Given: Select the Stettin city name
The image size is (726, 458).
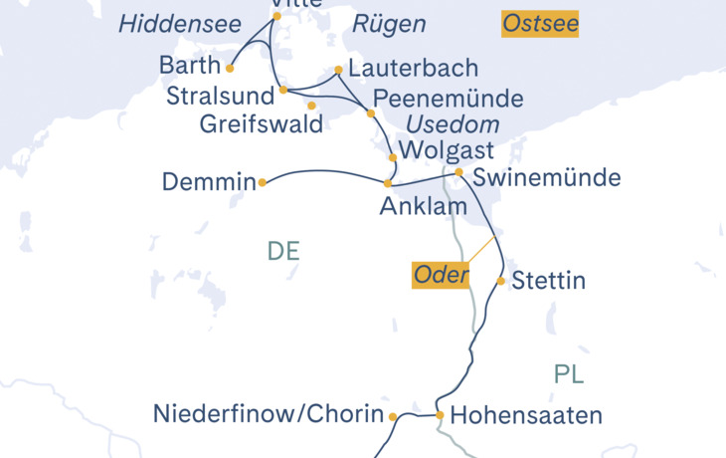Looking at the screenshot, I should pyautogui.click(x=549, y=282).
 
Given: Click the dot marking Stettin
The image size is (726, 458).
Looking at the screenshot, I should pyautogui.click(x=501, y=281).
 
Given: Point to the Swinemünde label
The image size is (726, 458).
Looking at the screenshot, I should pyautogui.click(x=547, y=178).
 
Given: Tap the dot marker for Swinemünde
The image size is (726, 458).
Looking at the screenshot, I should pyautogui.click(x=458, y=172).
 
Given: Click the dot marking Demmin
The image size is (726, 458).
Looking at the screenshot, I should pyautogui.click(x=263, y=182).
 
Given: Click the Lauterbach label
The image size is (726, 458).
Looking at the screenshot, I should pyautogui.click(x=413, y=69).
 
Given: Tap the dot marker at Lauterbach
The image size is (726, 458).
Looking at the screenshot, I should pyautogui.click(x=339, y=70).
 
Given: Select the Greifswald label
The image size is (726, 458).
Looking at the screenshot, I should pyautogui.click(x=262, y=124).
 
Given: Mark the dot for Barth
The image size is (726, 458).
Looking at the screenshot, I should pyautogui.click(x=230, y=69).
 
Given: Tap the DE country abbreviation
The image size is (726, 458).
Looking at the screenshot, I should pyautogui.click(x=283, y=252).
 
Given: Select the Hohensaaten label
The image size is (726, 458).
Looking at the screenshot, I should pyautogui.click(x=526, y=416).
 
